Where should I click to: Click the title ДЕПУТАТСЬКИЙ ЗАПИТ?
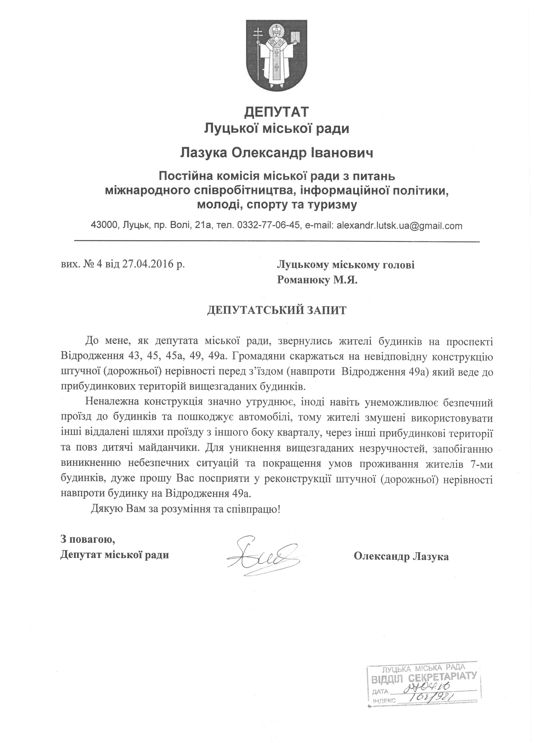(x=276, y=310)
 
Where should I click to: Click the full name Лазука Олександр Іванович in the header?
(x=276, y=153)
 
